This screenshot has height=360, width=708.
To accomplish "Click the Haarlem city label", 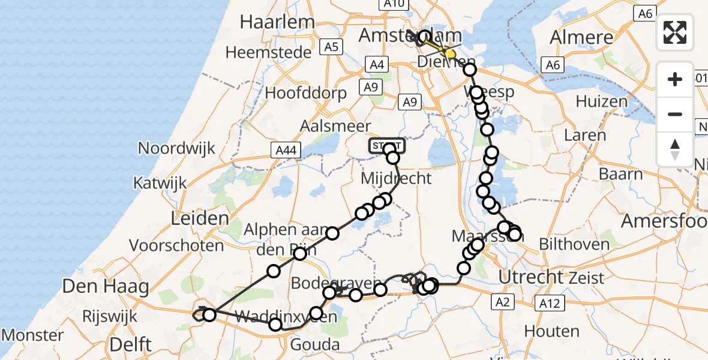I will coord(277,22).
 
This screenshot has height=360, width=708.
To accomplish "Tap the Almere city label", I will coord(581,38).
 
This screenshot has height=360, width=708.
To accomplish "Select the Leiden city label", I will coord(191,218).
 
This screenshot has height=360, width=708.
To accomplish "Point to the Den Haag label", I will coord(106,286).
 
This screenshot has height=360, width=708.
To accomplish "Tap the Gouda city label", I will coord(314,344).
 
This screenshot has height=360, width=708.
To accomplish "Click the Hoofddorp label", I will coord(306,93).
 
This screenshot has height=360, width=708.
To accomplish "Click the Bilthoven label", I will coord(574,244).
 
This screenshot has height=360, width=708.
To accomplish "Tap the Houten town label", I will coord(551,331).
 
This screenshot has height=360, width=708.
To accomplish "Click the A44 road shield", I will coord(284,150).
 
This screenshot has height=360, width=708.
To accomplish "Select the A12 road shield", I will coord(550,304).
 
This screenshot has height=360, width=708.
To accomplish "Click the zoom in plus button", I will coord(675,79).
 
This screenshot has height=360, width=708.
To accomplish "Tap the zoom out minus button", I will coord(675,114).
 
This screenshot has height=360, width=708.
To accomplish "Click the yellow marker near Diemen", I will coord(450,55).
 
